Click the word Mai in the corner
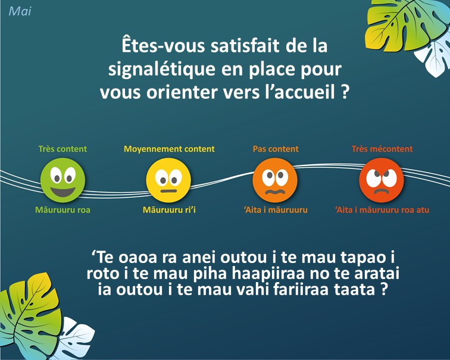(20, 11)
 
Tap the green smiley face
(62, 180)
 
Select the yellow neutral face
(168, 180)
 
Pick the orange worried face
(275, 180)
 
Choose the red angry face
(382, 180)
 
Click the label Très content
(62, 149)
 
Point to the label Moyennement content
(169, 149)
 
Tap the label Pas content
(276, 149)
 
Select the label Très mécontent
(382, 149)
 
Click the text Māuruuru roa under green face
(62, 209)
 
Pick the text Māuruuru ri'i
(169, 209)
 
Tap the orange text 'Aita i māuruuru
(276, 209)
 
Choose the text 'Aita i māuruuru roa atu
(382, 209)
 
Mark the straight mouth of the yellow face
(168, 191)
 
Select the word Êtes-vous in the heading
(163, 46)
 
